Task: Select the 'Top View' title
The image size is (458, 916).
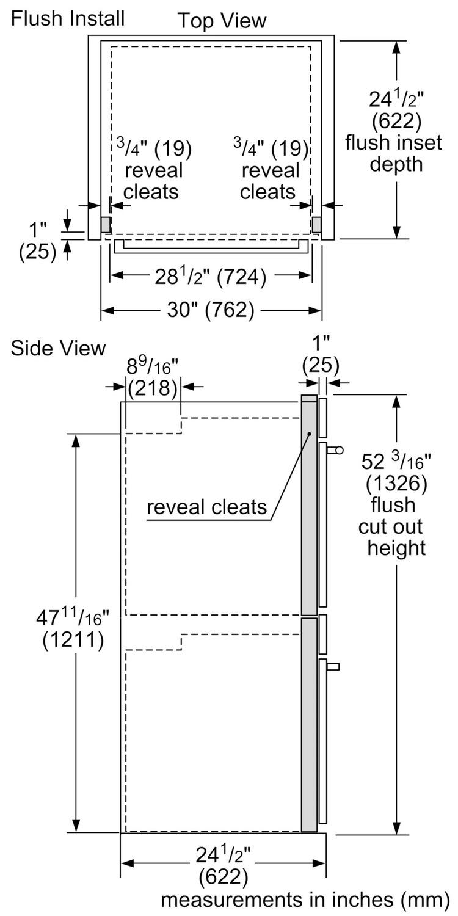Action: pyautogui.click(x=222, y=21)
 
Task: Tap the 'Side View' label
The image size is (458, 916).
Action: pyautogui.click(x=58, y=348)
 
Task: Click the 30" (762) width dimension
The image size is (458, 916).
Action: pyautogui.click(x=212, y=310)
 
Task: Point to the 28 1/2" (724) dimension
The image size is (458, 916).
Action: pyautogui.click(x=211, y=277)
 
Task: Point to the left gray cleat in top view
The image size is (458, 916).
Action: pyautogui.click(x=105, y=225)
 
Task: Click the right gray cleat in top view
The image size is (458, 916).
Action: pyautogui.click(x=316, y=225)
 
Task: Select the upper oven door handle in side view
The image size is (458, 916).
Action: pyautogui.click(x=335, y=451)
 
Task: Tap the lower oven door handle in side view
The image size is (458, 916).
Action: pyautogui.click(x=333, y=666)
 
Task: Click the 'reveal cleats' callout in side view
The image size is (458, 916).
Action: pyautogui.click(x=207, y=507)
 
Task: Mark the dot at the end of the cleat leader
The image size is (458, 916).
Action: pyautogui.click(x=309, y=434)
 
